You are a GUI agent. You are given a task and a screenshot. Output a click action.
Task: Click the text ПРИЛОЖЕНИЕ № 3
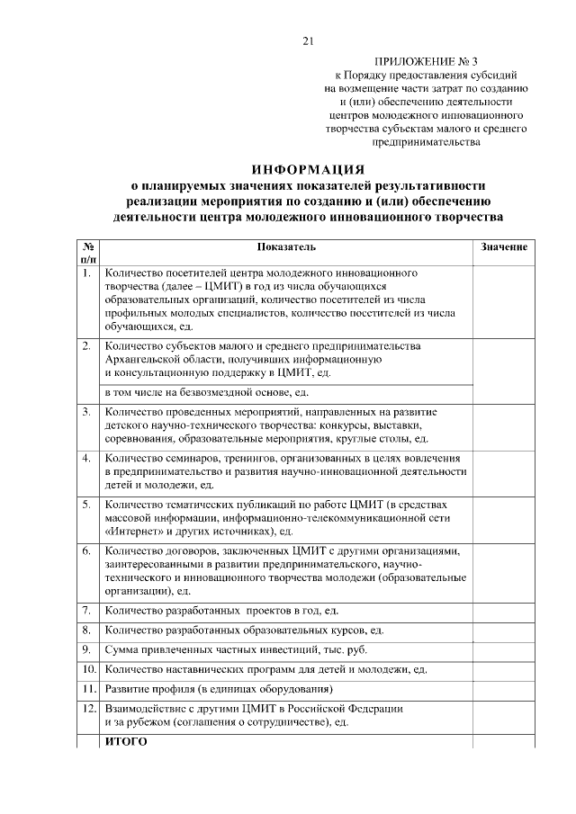427,61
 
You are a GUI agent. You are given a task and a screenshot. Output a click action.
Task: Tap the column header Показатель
286,246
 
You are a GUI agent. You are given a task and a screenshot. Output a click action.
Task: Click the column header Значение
504,246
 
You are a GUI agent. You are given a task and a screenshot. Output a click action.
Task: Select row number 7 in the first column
85,611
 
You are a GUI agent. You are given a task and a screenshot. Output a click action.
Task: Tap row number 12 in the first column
88,708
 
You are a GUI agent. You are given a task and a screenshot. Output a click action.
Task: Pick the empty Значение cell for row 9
504,649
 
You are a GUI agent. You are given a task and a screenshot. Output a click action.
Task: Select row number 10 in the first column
88,669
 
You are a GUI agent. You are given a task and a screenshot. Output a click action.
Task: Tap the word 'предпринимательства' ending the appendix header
426,141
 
